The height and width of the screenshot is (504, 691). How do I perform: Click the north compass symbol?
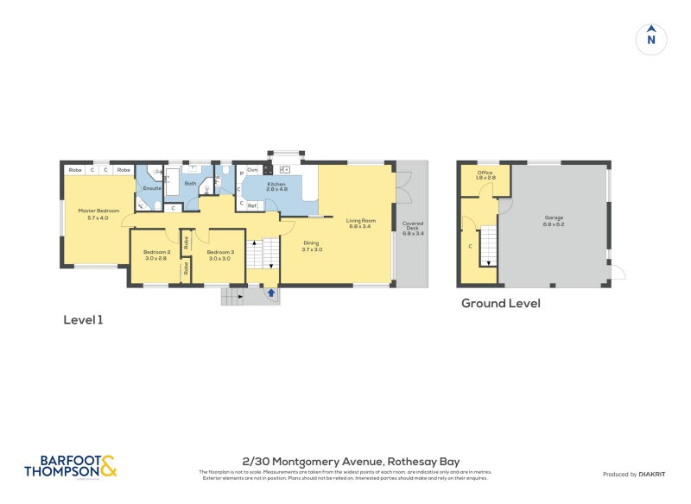click(651, 39)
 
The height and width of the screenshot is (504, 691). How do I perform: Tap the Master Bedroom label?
click(98, 211)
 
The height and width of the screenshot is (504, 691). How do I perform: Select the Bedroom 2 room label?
click(156, 252)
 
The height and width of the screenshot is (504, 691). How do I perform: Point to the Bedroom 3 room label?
click(220, 252)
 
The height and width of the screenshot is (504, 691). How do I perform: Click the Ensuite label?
click(152, 187)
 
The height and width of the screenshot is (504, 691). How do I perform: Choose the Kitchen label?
click(276, 184)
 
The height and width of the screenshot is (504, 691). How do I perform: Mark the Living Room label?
click(358, 222)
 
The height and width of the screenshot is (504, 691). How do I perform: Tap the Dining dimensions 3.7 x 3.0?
click(312, 249)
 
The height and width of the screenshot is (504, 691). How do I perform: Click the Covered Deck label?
click(413, 226)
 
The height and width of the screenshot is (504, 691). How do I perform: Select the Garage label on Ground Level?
click(554, 217)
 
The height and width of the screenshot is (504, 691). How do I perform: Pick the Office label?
click(485, 173)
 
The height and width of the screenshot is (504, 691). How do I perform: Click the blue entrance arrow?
click(271, 294)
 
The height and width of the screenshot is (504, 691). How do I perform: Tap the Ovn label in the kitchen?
click(252, 170)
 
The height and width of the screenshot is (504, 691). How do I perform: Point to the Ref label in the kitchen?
click(252, 205)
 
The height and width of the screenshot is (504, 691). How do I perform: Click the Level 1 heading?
click(83, 320)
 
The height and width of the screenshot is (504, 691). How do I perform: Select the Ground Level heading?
click(500, 304)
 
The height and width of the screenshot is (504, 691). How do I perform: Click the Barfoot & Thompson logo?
click(69, 466)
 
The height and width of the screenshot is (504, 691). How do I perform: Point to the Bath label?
click(190, 184)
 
